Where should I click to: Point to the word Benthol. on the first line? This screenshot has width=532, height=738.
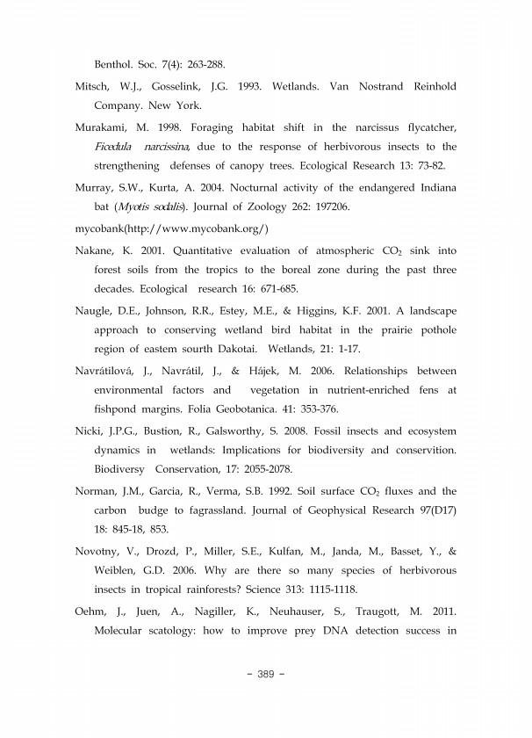(115, 65)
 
